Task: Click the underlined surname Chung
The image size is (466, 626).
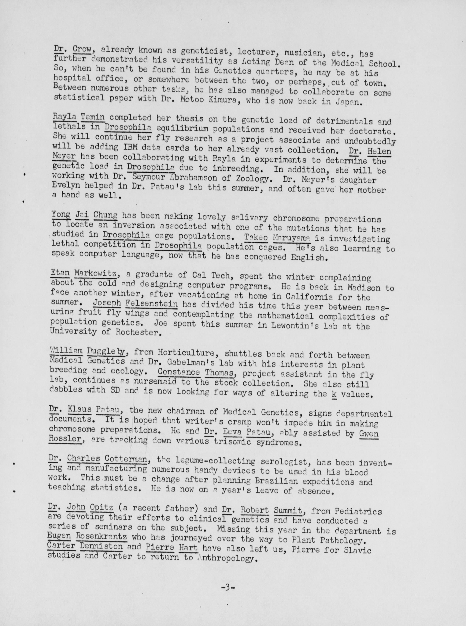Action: [x=105, y=215]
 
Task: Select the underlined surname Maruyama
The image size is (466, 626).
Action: [x=291, y=238]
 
